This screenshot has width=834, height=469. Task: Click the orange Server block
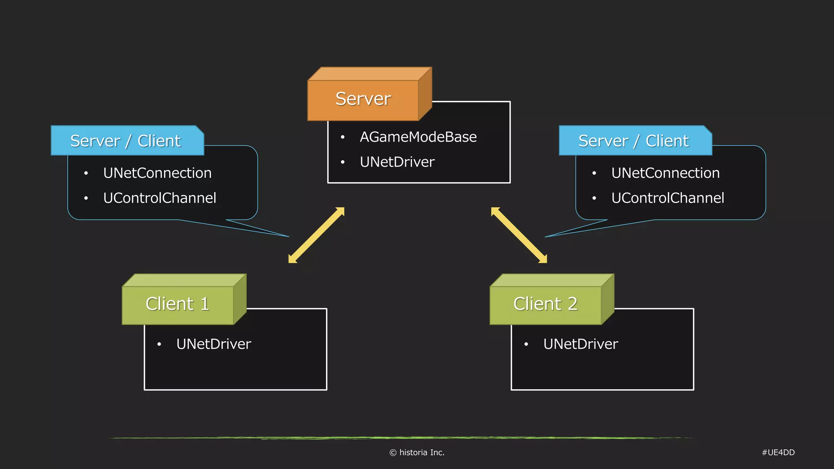pos(363,99)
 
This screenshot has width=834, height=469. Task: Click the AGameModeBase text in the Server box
pos(418,137)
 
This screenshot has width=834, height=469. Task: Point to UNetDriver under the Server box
pos(397,162)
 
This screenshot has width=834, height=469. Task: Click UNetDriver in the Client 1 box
pos(213,344)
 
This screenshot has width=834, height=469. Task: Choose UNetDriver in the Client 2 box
pos(580,344)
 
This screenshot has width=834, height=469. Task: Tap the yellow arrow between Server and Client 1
pos(316,235)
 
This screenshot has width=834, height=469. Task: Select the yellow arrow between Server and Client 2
pos(519,235)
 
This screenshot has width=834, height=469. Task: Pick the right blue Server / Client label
pos(634,141)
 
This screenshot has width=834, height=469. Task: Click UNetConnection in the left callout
pos(157,173)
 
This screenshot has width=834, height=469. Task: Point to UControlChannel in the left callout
pos(160,198)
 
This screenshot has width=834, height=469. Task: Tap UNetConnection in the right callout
pos(665,173)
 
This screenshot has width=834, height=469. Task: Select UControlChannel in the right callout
pos(667,198)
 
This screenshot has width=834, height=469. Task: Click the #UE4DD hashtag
pos(778,452)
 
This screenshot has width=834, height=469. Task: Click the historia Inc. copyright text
pos(417,452)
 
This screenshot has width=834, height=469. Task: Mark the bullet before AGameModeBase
pos(343,137)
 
